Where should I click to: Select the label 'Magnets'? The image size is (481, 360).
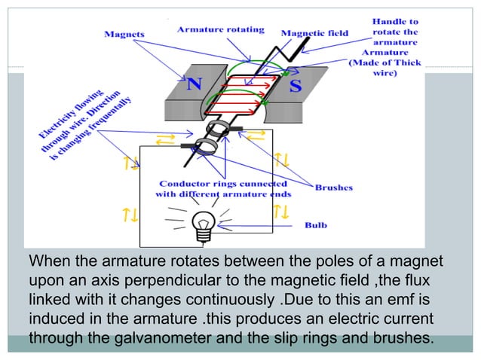pyautogui.click(x=125, y=33)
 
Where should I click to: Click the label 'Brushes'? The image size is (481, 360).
pyautogui.click(x=332, y=188)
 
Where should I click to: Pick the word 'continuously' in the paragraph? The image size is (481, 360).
pyautogui.click(x=248, y=298)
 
